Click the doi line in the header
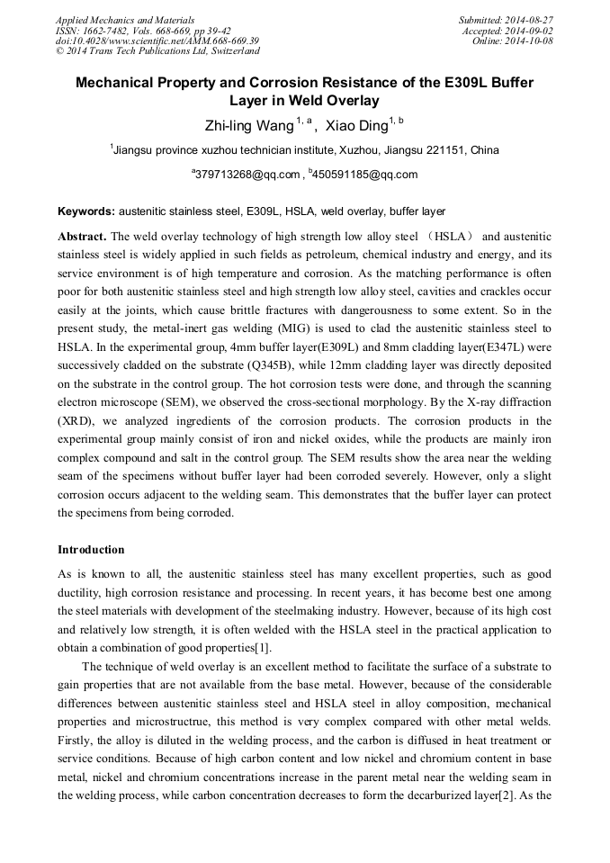157,40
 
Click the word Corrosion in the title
281,83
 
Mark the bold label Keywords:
86,211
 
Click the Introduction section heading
91,550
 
